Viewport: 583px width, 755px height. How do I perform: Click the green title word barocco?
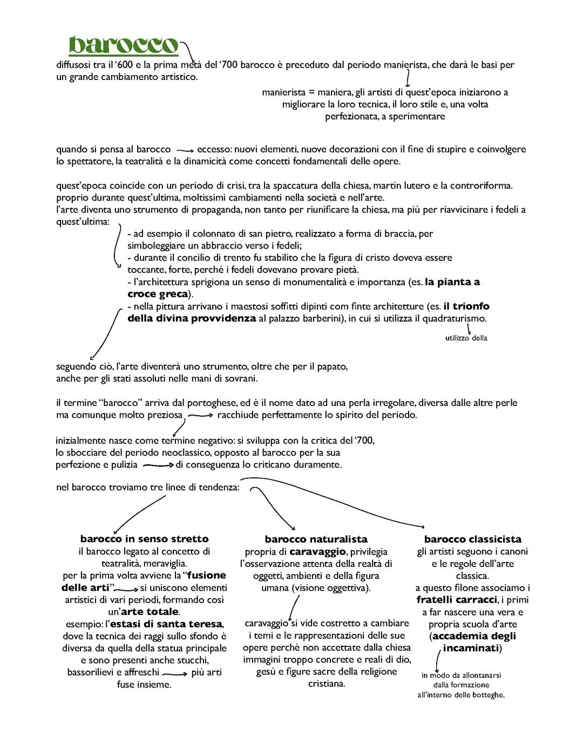(124, 46)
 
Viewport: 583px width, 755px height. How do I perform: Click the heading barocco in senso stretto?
(144, 539)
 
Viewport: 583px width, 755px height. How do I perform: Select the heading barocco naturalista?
(316, 539)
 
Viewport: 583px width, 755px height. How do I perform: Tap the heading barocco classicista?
(472, 539)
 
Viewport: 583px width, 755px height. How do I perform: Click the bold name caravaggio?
(317, 552)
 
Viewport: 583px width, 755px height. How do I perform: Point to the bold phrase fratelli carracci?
(456, 600)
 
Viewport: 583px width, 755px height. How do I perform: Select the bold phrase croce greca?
(158, 294)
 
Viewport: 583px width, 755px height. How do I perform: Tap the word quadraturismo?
(453, 318)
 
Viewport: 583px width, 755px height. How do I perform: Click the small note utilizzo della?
(466, 338)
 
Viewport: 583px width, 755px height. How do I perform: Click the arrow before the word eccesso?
(185, 150)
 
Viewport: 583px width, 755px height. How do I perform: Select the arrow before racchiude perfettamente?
(201, 416)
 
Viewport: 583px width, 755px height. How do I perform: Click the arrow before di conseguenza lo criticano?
(158, 465)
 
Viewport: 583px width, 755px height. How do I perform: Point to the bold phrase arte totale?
(150, 612)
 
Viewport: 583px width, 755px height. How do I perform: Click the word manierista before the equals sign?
(283, 92)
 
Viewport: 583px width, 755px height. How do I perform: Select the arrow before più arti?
(174, 673)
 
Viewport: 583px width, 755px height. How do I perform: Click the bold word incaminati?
(470, 648)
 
